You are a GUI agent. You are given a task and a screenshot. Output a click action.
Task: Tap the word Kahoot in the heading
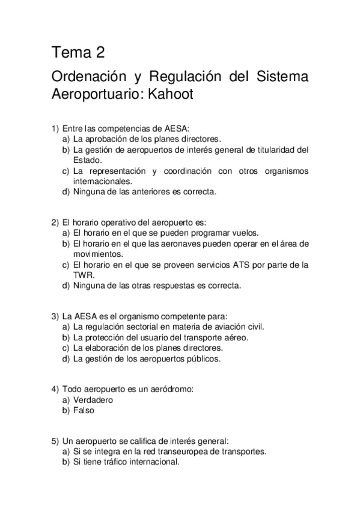tap(168, 95)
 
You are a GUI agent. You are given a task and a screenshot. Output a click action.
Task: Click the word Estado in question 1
tap(88, 161)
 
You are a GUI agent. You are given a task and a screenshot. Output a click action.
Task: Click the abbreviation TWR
tap(82, 275)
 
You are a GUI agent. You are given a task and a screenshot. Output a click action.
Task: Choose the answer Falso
tap(83, 410)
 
